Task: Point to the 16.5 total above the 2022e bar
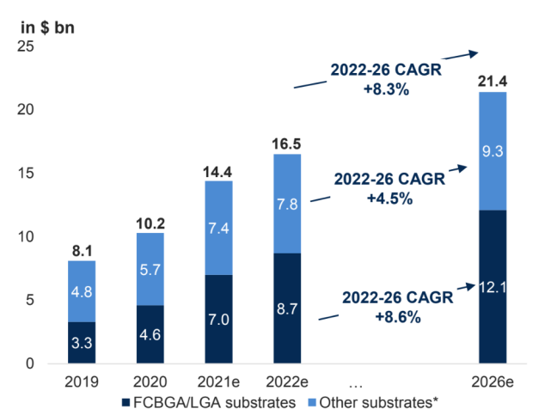coord(287,144)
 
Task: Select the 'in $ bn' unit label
coord(47,27)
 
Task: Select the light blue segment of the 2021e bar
coord(218,227)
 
